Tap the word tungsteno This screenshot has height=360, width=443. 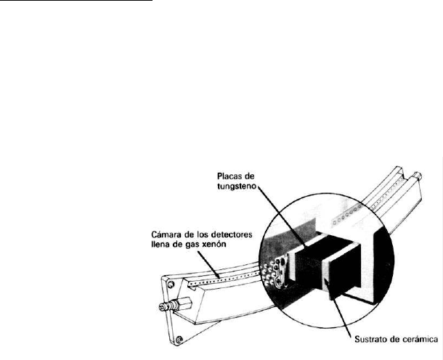pyautogui.click(x=237, y=187)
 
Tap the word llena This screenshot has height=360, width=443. pyautogui.click(x=160, y=244)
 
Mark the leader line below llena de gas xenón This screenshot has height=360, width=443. pyautogui.click(x=208, y=264)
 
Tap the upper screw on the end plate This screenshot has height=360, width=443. pyautogui.click(x=171, y=284)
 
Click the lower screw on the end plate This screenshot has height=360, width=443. pyautogui.click(x=179, y=340)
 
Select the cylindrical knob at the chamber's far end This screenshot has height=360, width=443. pyautogui.click(x=418, y=176)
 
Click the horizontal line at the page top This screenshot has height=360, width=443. pyautogui.click(x=76, y=1)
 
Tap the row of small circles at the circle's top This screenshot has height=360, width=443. pyautogui.click(x=346, y=215)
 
